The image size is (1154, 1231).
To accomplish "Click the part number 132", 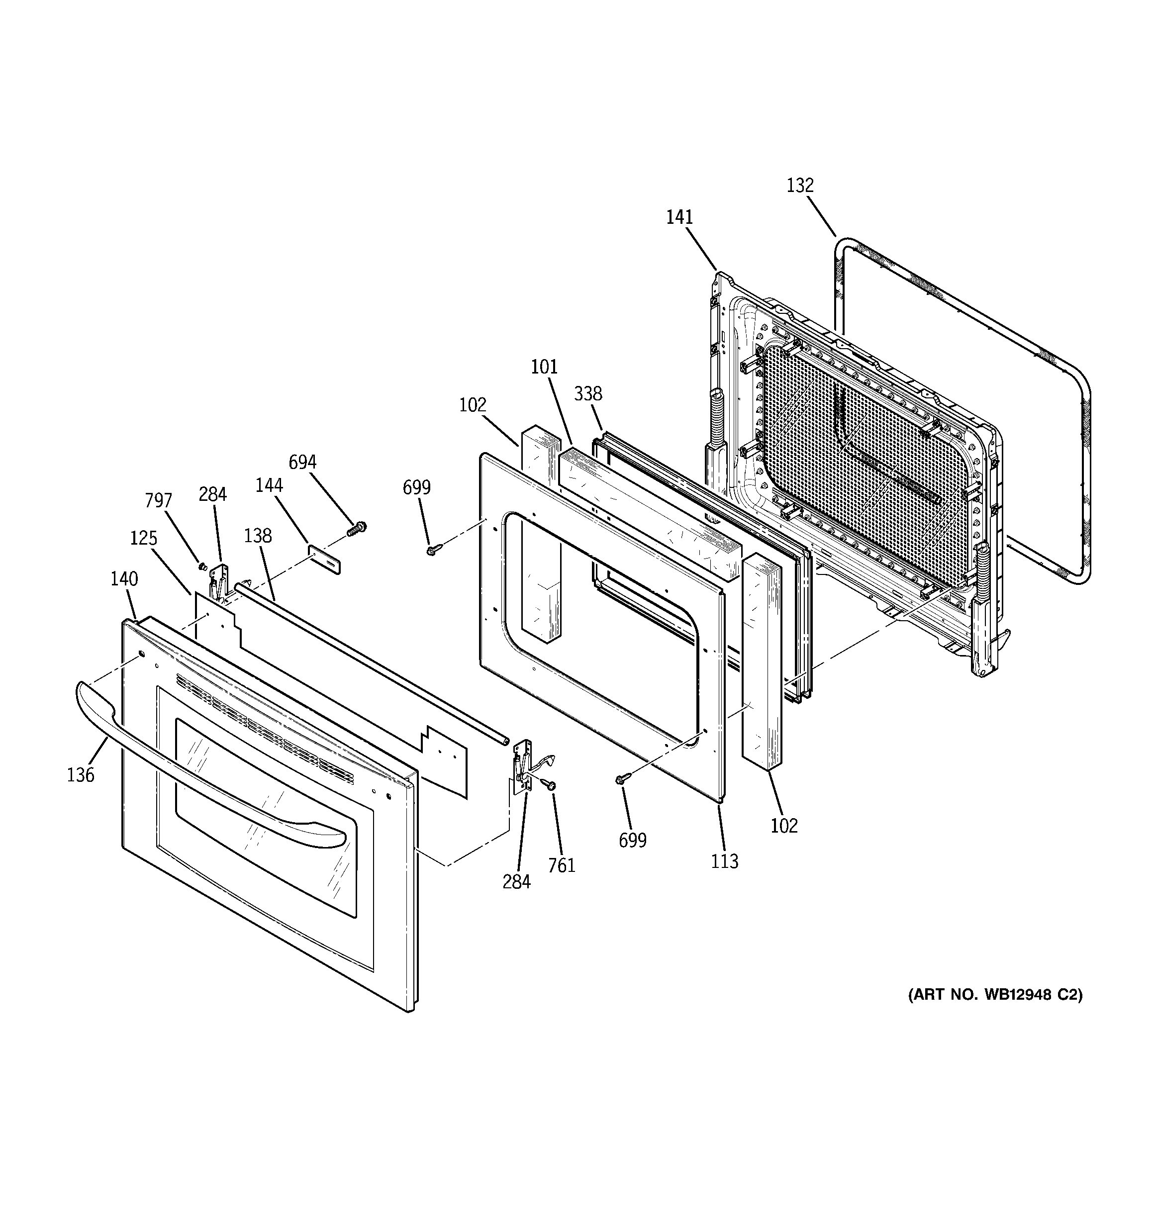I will tap(800, 185).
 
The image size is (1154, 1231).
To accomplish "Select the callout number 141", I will tap(679, 217).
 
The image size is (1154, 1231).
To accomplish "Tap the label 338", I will tap(588, 393).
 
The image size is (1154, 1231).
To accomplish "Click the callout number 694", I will tap(302, 462).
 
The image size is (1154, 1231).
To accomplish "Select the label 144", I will tap(270, 485).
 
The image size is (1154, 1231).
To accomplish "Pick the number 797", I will tap(159, 500).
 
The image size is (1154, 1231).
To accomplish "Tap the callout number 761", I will tap(561, 865).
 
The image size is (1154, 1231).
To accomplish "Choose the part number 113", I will tap(725, 861).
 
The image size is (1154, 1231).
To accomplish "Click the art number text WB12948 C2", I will tap(995, 1012).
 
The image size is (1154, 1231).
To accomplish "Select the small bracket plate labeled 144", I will tap(325, 559).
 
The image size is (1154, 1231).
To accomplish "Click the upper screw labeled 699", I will tap(432, 549).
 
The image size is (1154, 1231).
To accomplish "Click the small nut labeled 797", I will tap(202, 566).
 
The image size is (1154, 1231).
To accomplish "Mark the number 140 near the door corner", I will tap(124, 579).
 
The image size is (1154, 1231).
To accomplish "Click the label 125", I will tap(144, 538).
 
